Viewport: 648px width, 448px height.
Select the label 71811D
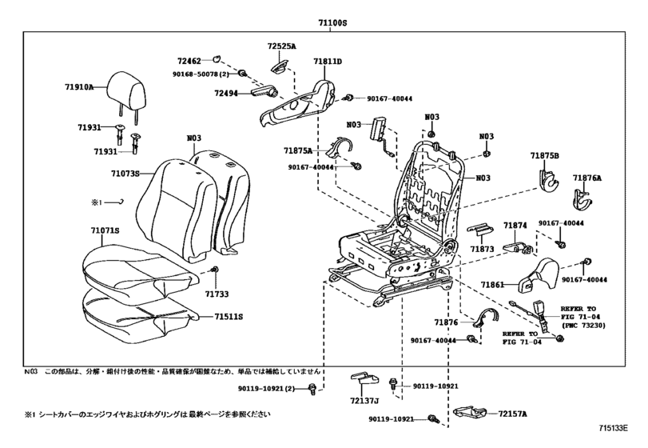[328, 61]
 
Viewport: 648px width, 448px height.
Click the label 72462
[189, 60]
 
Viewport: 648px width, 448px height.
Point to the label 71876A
[586, 178]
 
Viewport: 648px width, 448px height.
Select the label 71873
[483, 250]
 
